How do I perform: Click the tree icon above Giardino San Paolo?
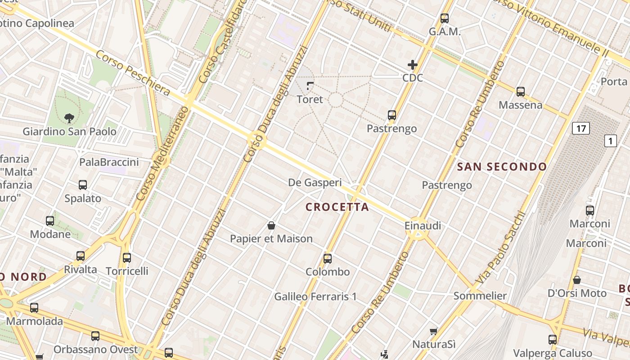[x=69, y=118]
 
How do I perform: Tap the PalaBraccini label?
[x=109, y=162]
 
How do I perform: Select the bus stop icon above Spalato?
[x=83, y=185]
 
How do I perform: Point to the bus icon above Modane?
[x=50, y=221]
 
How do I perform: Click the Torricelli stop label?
[x=127, y=271]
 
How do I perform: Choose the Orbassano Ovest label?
[x=95, y=349]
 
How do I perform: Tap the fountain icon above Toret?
[x=310, y=85]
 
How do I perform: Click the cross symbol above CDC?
[x=412, y=65]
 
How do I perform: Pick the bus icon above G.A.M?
[x=445, y=18]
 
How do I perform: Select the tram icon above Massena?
[x=521, y=92]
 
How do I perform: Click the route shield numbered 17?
[x=580, y=129]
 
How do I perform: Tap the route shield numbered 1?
[x=610, y=141]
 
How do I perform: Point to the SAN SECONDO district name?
[x=502, y=167]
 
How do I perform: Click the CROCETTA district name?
[x=337, y=207]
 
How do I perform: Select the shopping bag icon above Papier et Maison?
[x=271, y=225]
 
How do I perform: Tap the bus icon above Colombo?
[x=328, y=259]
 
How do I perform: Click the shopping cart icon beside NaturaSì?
[x=433, y=332]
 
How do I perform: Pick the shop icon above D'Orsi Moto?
[x=577, y=280]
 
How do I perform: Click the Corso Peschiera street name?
[x=133, y=73]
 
